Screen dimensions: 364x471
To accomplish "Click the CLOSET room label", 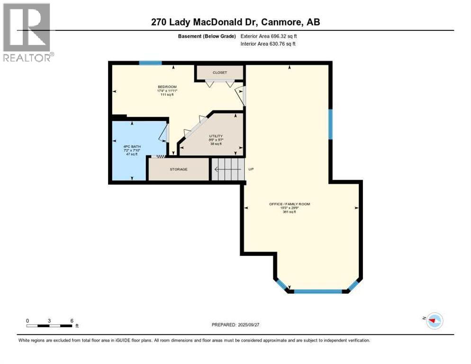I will pyautogui.click(x=220, y=73).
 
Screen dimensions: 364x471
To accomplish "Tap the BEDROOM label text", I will pyautogui.click(x=166, y=87).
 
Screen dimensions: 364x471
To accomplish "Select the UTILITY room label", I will pyautogui.click(x=216, y=136).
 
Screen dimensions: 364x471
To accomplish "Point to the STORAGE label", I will pyautogui.click(x=179, y=169).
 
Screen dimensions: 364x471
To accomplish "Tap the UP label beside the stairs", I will pyautogui.click(x=251, y=169).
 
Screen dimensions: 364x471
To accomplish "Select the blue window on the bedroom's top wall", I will pyautogui.click(x=150, y=63).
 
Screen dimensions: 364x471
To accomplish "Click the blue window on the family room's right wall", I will pyautogui.click(x=330, y=124).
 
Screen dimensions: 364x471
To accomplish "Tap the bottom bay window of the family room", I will pyautogui.click(x=318, y=291).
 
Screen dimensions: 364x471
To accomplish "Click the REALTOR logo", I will pyautogui.click(x=27, y=32).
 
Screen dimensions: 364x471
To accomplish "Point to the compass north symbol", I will pyautogui.click(x=434, y=320).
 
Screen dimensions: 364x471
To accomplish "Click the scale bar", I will pyautogui.click(x=49, y=326).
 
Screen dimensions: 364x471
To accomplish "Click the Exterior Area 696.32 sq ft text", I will pyautogui.click(x=269, y=36).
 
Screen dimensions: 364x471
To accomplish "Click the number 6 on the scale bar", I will pyautogui.click(x=72, y=320).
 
